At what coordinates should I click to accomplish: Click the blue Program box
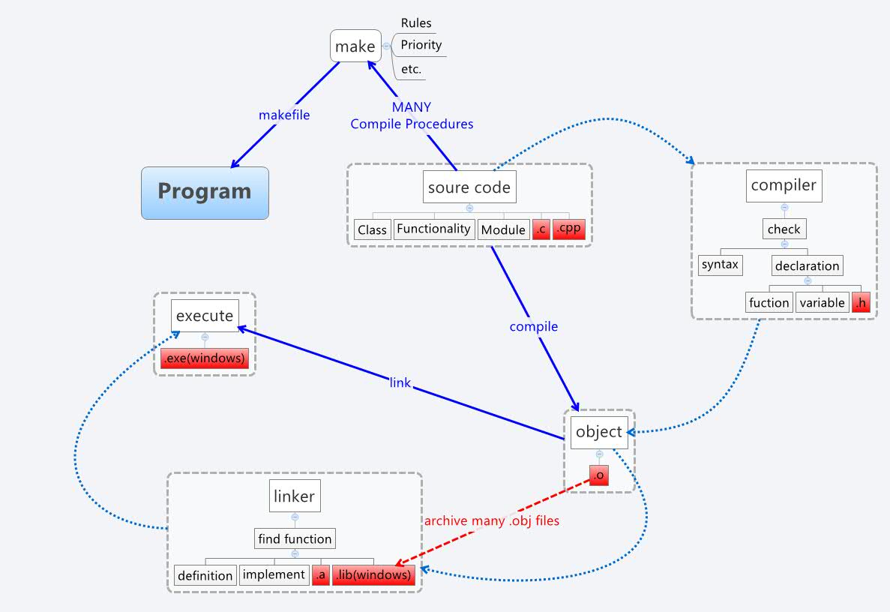pos(205,192)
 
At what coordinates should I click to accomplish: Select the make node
pos(355,46)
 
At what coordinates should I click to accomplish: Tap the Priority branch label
pos(421,45)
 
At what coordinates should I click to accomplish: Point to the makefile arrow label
pos(284,115)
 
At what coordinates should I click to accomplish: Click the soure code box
pos(469,187)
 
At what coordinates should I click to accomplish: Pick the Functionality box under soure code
pos(434,229)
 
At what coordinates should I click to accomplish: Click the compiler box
pos(784,184)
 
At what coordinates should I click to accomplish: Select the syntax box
pos(720,265)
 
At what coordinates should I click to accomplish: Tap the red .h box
pos(861,302)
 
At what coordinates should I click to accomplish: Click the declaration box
pos(807,265)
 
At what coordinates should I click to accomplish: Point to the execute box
pos(205,316)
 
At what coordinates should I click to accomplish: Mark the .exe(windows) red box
pos(204,358)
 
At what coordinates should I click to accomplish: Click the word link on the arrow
pos(400,382)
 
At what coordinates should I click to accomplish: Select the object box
pos(599,432)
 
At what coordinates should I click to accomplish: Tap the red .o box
pos(598,475)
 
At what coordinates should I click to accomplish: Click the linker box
pos(295,496)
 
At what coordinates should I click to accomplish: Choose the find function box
pos(294,538)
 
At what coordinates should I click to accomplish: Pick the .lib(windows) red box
pos(373,575)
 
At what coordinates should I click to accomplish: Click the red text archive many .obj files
pos(492,520)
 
